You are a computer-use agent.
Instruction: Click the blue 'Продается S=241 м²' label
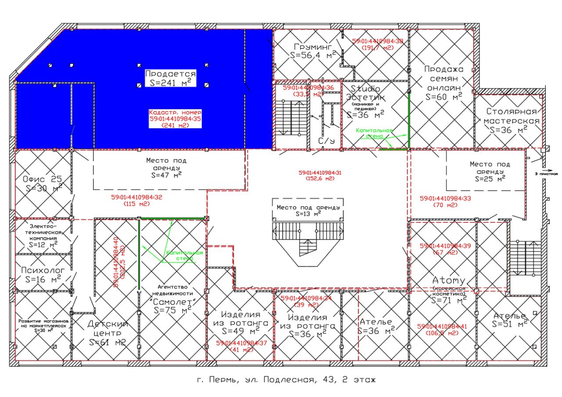[170, 78]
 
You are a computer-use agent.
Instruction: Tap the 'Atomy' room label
[448, 280]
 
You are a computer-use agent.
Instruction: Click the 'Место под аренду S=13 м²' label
[307, 210]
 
